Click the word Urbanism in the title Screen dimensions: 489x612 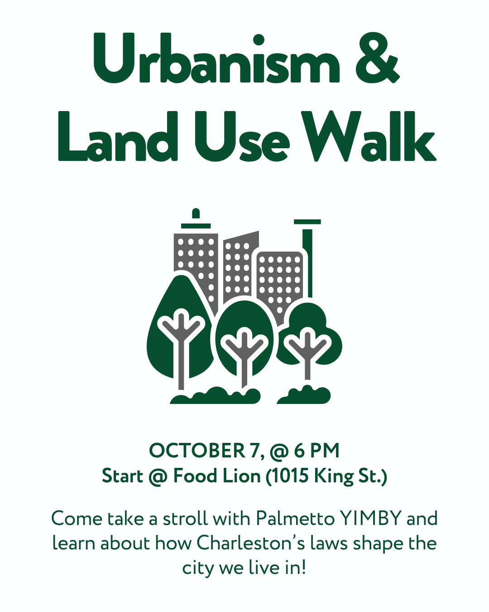216,58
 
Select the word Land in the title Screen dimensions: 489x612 118,136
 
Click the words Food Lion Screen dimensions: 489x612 217,476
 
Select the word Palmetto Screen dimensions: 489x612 295,519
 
